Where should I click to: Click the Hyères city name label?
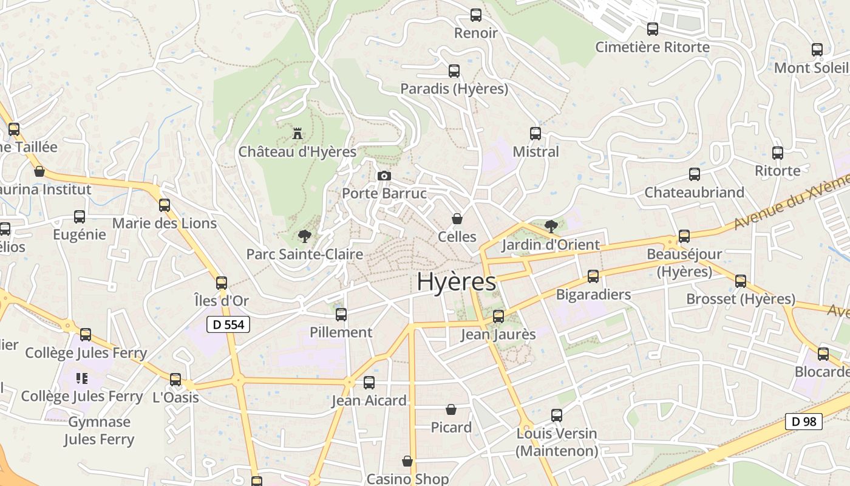coord(457,282)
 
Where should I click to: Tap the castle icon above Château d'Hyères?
coord(297,133)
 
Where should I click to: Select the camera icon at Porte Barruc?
coord(384,176)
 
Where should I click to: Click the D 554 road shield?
coord(228,324)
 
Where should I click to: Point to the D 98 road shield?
coord(804,421)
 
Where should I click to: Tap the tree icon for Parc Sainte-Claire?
coord(304,236)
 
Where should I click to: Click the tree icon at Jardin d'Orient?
coord(551,227)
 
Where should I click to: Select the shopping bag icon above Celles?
coord(457,219)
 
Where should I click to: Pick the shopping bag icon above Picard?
coord(451,409)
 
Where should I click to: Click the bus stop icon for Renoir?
coord(476,15)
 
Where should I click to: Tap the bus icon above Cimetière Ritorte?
coord(653,29)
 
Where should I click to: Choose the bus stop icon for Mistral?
coord(535,134)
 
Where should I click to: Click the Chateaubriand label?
coord(694,193)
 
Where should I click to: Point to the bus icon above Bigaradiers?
coord(593,276)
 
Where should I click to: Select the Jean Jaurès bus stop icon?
coord(498,316)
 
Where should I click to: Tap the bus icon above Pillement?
coord(341,314)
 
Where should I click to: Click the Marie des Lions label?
coord(165,224)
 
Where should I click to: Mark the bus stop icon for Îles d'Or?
coord(222,282)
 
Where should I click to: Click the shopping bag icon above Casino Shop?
coord(407,461)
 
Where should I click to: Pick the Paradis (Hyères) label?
coord(454,89)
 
